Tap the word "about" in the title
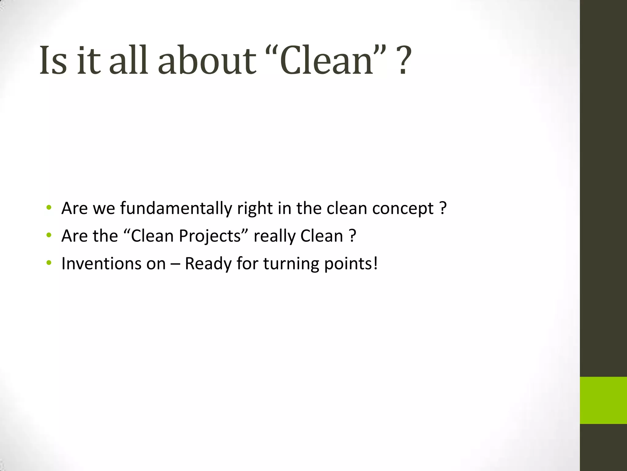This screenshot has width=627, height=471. click(x=207, y=60)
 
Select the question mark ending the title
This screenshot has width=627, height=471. click(x=404, y=60)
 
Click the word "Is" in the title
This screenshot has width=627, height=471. click(x=53, y=60)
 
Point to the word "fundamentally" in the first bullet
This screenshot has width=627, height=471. click(x=176, y=209)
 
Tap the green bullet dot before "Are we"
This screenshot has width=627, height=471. click(x=48, y=208)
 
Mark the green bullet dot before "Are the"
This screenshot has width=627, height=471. click(x=48, y=235)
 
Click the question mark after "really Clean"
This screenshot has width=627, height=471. click(x=352, y=236)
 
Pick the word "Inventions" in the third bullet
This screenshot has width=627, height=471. click(x=101, y=264)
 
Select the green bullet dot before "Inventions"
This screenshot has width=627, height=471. click(x=48, y=263)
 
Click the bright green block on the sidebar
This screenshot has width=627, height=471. click(x=603, y=400)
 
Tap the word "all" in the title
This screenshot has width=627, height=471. click(x=129, y=60)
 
